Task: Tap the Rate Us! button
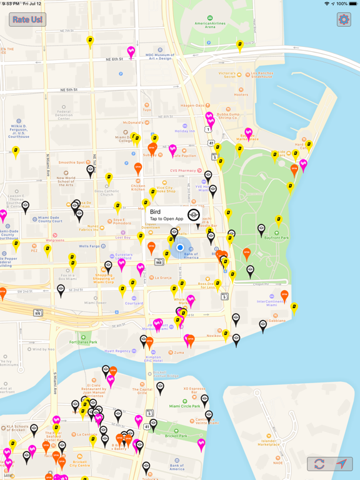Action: tap(27, 20)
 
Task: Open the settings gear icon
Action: tap(343, 19)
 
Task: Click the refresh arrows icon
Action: tap(319, 464)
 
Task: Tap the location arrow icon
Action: tap(341, 464)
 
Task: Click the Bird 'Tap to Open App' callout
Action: tap(166, 215)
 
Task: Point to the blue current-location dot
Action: tap(180, 247)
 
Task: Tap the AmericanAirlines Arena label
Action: tap(210, 25)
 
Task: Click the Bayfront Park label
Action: tap(276, 237)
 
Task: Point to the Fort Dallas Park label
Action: tap(83, 342)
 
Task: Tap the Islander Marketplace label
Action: tap(269, 442)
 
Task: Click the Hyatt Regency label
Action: tap(117, 351)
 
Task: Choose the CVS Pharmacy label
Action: tap(183, 170)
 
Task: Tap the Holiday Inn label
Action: tap(185, 131)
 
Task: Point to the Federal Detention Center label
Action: tap(64, 115)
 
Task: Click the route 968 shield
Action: tap(159, 262)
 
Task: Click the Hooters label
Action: tap(241, 94)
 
